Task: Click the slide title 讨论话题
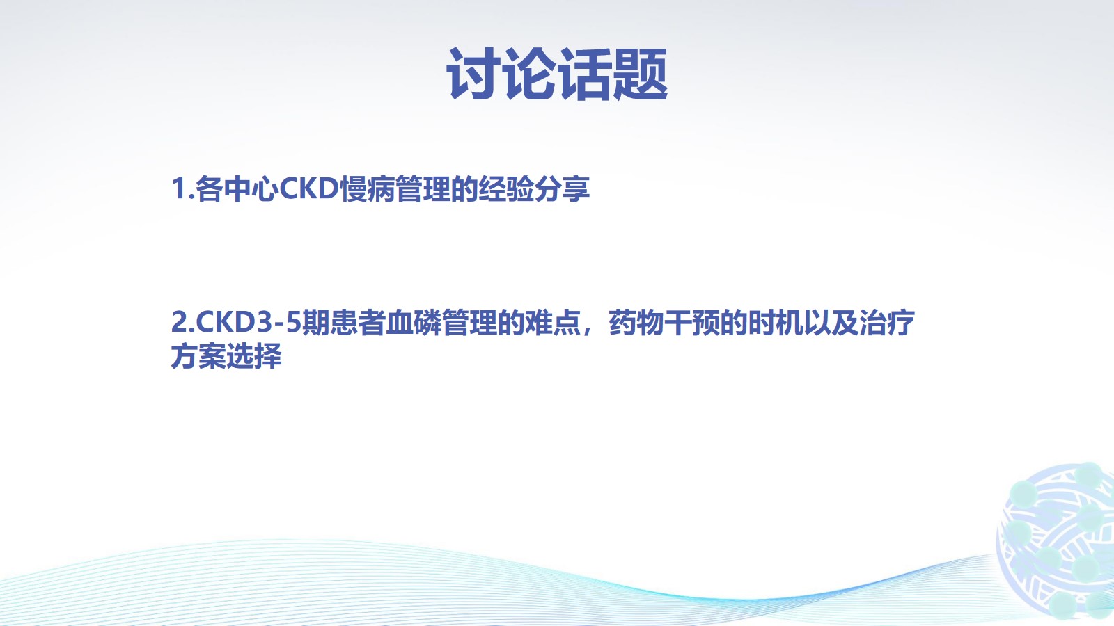557,74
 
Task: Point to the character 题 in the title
641,74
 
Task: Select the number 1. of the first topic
182,188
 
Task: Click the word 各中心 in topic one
237,188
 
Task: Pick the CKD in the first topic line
309,188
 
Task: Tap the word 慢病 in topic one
367,188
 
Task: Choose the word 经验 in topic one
506,188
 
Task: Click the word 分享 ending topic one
562,188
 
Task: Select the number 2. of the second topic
183,322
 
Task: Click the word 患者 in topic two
358,322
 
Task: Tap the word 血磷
414,322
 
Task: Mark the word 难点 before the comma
553,322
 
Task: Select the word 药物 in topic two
636,322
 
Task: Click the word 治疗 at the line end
887,322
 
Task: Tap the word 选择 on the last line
254,355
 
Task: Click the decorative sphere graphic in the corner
1057,542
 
